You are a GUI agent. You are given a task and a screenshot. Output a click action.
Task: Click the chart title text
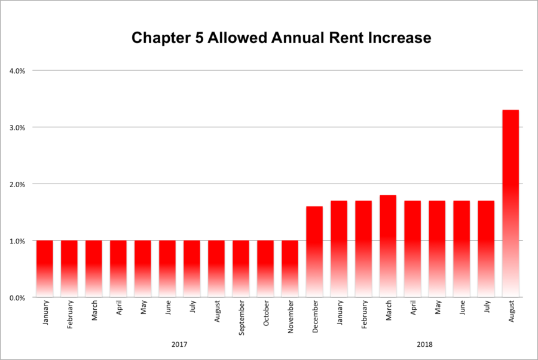click(x=281, y=38)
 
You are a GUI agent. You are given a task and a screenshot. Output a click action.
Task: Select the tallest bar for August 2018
click(x=511, y=203)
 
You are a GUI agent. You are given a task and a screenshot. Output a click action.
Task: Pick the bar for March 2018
click(x=388, y=246)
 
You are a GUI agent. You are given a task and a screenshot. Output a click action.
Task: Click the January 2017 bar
click(x=45, y=269)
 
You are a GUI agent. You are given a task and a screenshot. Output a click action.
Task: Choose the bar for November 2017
click(x=290, y=269)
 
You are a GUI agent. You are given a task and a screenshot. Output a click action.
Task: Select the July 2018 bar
click(x=486, y=249)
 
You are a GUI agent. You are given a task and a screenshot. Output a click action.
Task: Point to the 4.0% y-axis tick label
click(x=17, y=71)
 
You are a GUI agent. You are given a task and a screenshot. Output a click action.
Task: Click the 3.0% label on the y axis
click(x=17, y=127)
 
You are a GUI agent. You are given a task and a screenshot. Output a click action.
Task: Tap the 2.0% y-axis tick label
click(x=17, y=184)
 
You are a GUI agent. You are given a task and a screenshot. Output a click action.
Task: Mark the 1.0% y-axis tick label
click(x=17, y=241)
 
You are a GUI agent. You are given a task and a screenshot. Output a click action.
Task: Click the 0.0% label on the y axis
click(x=17, y=298)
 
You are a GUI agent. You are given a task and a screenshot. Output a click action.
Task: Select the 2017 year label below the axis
click(x=179, y=344)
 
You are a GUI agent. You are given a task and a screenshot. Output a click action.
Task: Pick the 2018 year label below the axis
click(x=425, y=344)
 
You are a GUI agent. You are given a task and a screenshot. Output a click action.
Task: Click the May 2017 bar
click(x=143, y=269)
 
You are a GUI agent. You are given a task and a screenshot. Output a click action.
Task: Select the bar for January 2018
click(x=339, y=249)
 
